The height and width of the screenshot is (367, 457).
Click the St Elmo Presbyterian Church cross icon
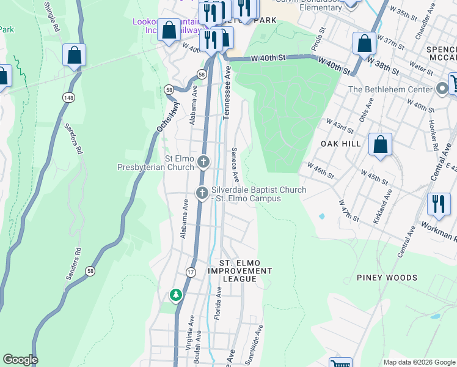pyautogui.click(x=203, y=162)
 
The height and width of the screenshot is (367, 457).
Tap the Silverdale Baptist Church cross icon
pyautogui.click(x=202, y=193)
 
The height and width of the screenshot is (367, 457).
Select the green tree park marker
pyautogui.click(x=176, y=295)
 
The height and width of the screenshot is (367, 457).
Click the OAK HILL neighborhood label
pyautogui.click(x=341, y=143)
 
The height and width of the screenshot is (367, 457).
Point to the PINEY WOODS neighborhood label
pyautogui.click(x=387, y=278)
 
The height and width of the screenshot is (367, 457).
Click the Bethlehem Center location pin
pyautogui.click(x=443, y=89)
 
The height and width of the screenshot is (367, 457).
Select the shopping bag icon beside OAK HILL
pyautogui.click(x=380, y=145)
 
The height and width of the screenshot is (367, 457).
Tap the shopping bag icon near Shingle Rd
pyautogui.click(x=74, y=56)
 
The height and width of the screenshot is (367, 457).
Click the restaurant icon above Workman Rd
pyautogui.click(x=439, y=204)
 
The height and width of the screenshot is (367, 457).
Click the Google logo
pyautogui.click(x=20, y=360)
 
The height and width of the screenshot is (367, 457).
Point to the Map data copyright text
pyautogui.click(x=419, y=362)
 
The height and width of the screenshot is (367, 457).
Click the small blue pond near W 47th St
pyautogui.click(x=321, y=216)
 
